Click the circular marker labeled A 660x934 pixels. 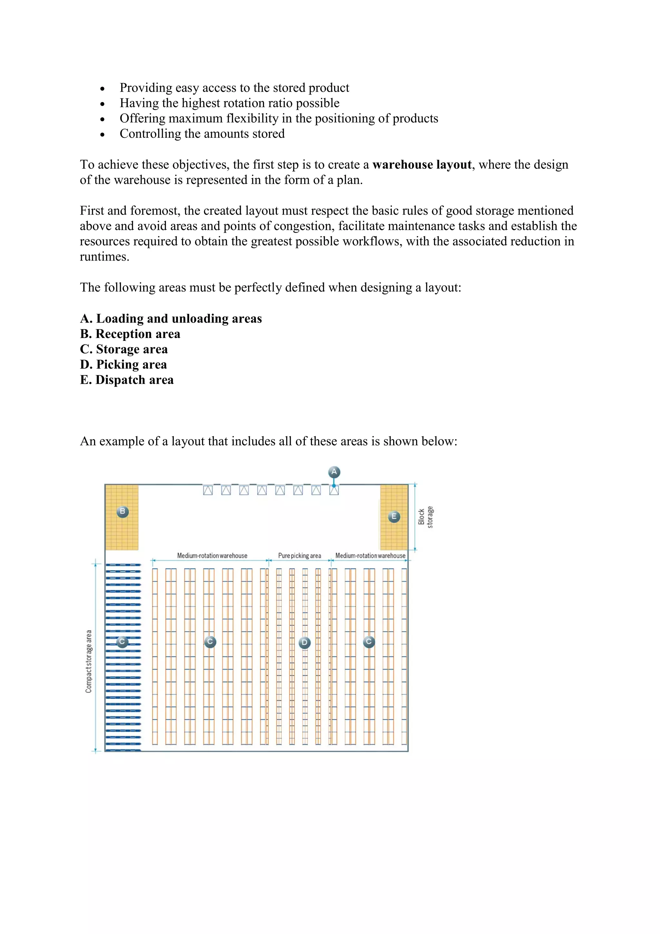coord(334,472)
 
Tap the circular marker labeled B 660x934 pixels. coord(123,511)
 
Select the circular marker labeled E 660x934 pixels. coord(394,517)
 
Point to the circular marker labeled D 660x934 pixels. coord(305,643)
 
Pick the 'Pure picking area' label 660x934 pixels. coord(299,556)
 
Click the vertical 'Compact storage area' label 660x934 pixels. coord(89,661)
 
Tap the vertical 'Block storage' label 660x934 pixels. coord(425,517)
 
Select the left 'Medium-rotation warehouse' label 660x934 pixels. coord(212,556)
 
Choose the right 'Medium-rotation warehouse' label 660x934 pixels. coord(370,556)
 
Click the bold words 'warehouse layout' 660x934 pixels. coord(422,165)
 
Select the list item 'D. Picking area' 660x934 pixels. coord(123,364)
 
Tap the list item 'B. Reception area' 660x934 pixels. coord(130,334)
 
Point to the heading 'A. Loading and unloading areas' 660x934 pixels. coord(171,319)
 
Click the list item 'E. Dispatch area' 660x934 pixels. coord(127,380)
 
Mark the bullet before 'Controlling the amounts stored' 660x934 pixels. coord(102,134)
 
